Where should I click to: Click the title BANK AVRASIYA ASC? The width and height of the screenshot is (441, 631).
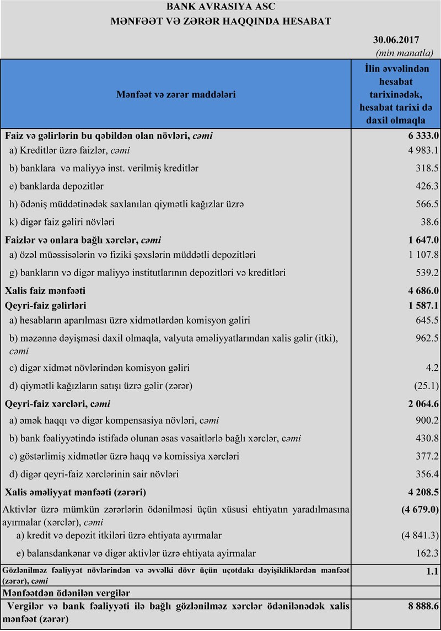pyautogui.click(x=220, y=7)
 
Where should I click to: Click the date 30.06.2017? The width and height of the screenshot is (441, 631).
pyautogui.click(x=396, y=40)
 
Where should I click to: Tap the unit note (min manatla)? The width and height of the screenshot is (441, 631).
pyautogui.click(x=404, y=52)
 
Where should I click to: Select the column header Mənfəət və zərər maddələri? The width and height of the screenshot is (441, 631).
pyautogui.click(x=176, y=94)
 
